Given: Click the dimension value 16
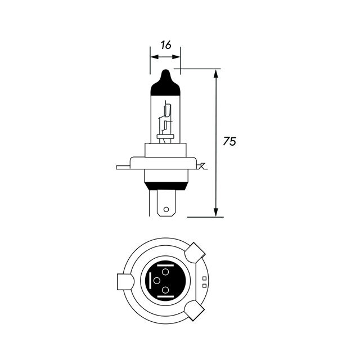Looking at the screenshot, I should pos(165,45).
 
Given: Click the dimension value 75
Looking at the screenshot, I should pos(229,141).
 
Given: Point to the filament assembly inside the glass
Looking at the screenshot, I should pos(165,121).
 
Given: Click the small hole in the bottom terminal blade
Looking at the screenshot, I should pos(165,211).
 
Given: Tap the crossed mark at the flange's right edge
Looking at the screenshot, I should pos(203,166).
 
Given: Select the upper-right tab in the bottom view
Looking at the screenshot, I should pos(196,252).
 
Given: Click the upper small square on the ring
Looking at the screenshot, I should pos(204,278).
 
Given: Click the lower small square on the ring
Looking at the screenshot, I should pos(204,285).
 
